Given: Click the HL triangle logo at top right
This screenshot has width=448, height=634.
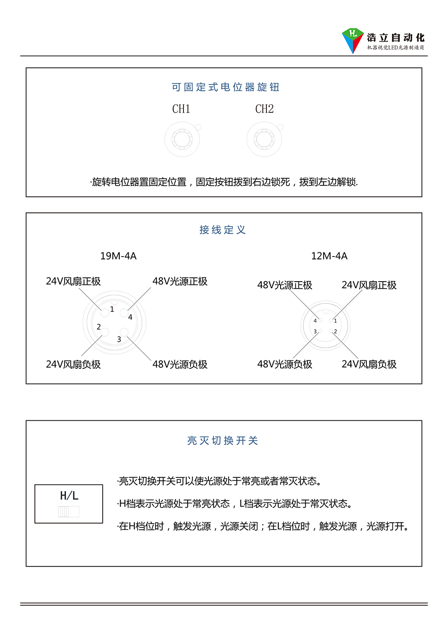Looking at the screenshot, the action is (x=353, y=41).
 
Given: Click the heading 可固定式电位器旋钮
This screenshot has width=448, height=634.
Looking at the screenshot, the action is (x=225, y=87).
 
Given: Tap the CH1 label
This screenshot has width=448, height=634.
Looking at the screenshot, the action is (x=181, y=109).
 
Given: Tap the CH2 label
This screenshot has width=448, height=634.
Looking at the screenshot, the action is (x=265, y=109).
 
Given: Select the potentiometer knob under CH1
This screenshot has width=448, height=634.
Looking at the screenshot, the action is (x=182, y=139).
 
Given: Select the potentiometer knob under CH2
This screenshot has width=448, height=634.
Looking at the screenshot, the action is (x=265, y=139).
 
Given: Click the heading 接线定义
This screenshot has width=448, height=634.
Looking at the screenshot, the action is (x=223, y=230).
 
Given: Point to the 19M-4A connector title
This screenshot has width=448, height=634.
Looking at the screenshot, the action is (x=118, y=256).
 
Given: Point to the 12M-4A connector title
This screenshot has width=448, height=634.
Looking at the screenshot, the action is (x=329, y=256).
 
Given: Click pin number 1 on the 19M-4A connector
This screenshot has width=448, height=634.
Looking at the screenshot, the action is (x=112, y=309).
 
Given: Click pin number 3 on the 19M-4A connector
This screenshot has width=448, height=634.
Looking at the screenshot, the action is (x=119, y=339).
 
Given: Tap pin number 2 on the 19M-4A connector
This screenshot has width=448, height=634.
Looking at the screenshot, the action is (x=99, y=327).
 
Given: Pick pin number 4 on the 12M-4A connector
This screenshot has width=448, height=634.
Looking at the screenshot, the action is (x=315, y=321).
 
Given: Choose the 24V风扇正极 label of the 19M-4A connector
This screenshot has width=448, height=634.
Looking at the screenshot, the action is (x=73, y=281).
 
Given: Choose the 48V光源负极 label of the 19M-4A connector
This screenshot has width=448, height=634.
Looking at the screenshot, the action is (x=180, y=364).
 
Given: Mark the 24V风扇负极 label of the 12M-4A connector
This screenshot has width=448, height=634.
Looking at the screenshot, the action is (x=369, y=364).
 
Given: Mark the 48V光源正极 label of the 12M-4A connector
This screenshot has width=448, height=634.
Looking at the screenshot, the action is (x=285, y=285).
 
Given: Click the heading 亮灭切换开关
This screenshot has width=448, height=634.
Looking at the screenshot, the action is (x=223, y=441).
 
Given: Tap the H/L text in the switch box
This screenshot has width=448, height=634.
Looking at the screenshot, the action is (x=69, y=496).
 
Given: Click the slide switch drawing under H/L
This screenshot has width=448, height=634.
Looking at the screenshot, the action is (x=69, y=512).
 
